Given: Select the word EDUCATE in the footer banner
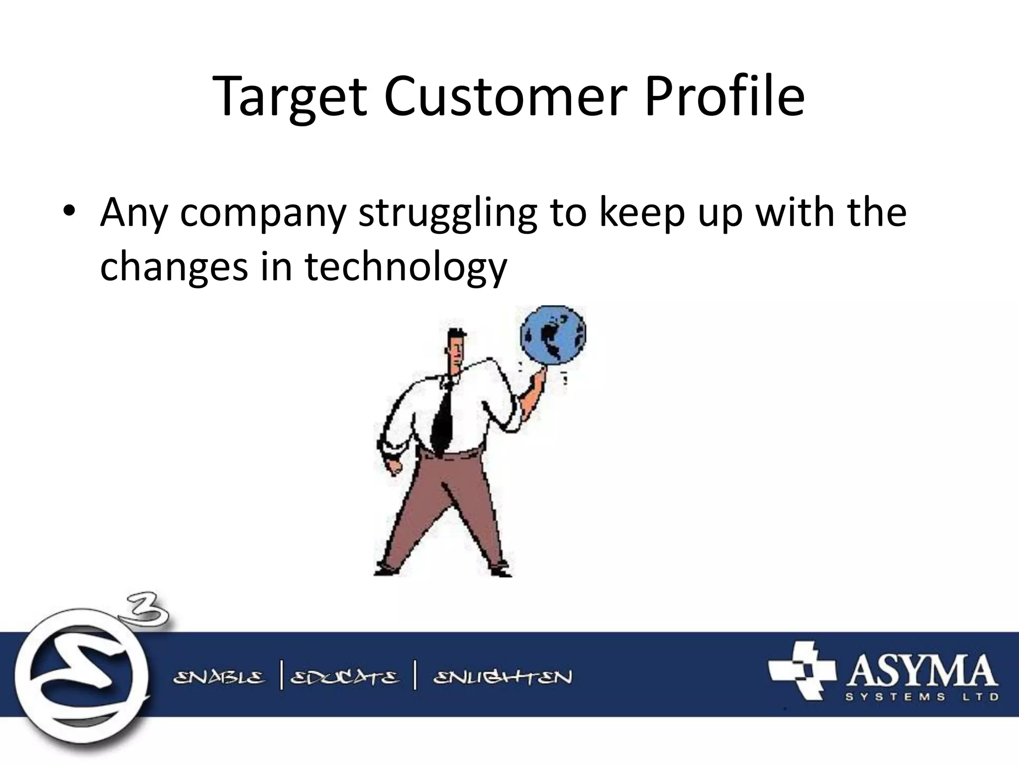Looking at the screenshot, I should coord(344,678).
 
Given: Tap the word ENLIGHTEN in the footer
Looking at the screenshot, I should coord(503,678).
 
